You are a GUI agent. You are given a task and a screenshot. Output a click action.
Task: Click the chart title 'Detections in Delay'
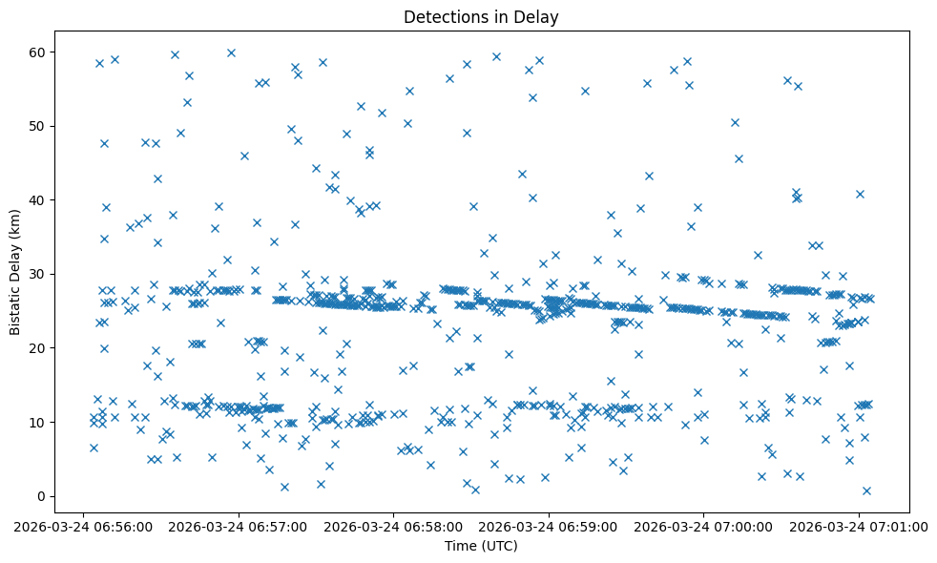coord(481,17)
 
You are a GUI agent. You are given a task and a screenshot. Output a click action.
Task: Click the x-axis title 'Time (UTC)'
coord(481,546)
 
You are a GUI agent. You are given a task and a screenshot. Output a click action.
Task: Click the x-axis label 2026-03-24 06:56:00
coord(83,526)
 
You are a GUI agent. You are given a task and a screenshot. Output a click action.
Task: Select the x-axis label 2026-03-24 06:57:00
coord(239,526)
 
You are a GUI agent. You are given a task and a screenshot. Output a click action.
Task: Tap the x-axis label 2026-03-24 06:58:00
coord(393,526)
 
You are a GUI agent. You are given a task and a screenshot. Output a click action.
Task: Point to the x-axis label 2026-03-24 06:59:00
coord(549,526)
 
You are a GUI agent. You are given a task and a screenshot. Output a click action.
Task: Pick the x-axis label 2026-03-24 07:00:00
coord(704,526)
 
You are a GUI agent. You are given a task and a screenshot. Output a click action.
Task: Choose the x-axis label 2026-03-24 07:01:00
coord(859,526)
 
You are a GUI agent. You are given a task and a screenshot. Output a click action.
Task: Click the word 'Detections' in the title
coord(442,17)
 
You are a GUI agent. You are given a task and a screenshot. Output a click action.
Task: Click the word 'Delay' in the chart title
coord(539,17)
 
